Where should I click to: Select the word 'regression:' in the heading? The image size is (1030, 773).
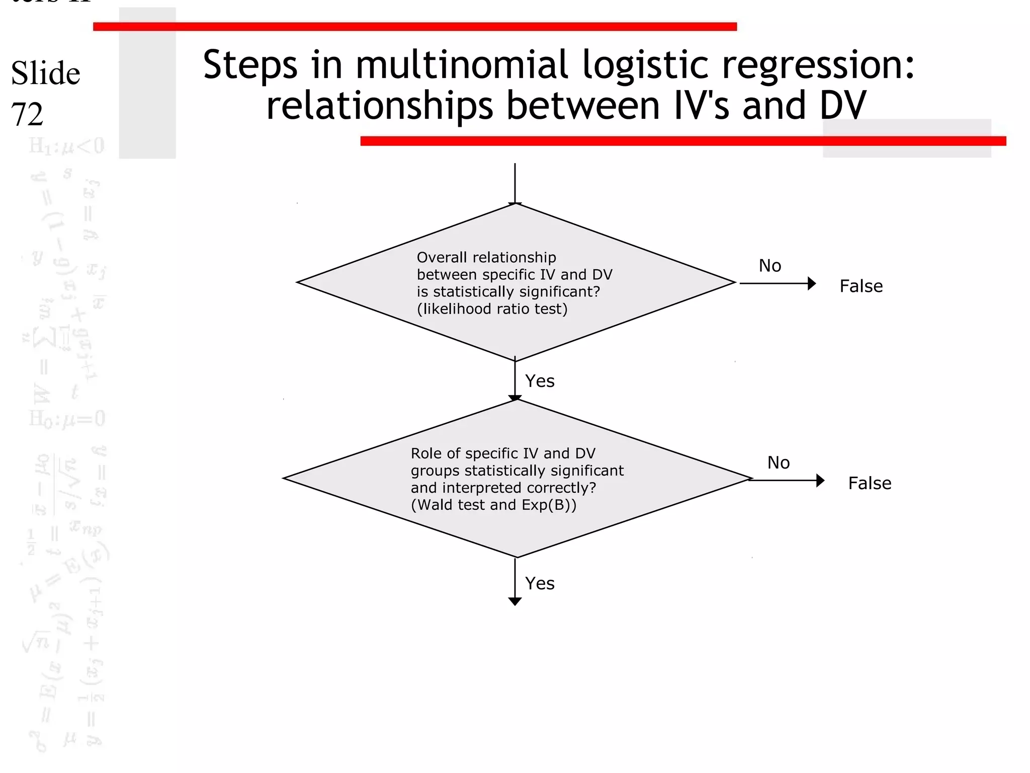tap(818, 65)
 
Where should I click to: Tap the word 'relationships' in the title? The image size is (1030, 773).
tap(379, 106)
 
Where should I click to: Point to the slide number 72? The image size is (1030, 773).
tap(27, 114)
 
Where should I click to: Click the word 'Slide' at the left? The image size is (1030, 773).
tap(45, 73)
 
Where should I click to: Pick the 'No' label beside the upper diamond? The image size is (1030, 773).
tap(769, 266)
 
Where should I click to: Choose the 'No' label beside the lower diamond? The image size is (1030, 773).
tap(778, 462)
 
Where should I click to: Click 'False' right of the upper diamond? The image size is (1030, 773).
tap(861, 286)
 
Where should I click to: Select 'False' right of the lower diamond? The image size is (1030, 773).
tap(870, 483)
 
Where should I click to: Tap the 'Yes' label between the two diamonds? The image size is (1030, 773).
tap(540, 381)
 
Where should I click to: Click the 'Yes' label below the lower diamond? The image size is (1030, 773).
tap(540, 583)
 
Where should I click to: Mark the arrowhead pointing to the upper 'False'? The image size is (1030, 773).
tap(811, 284)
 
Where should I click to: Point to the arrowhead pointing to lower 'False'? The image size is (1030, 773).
tap(820, 481)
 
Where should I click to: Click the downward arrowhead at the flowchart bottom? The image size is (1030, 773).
tap(514, 601)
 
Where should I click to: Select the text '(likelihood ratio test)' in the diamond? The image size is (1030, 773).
tap(492, 309)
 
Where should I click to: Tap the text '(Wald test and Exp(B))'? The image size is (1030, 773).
tap(493, 505)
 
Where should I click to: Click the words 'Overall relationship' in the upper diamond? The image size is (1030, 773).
tap(486, 258)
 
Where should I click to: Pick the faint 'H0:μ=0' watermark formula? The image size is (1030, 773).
tap(67, 419)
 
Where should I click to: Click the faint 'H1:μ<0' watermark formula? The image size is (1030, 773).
tap(67, 146)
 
